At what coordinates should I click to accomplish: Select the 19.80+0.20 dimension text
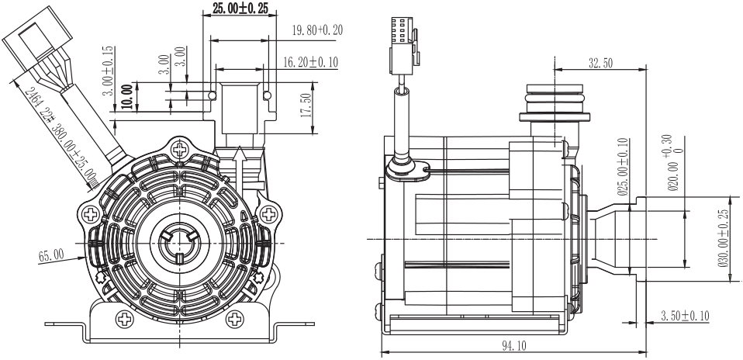[316, 30]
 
